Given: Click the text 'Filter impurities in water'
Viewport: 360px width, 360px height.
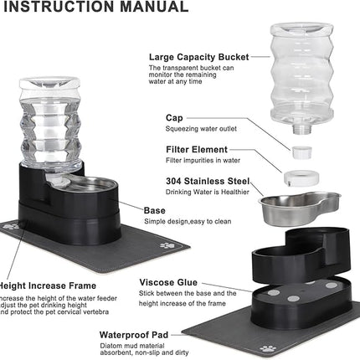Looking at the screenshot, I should (187, 160).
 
